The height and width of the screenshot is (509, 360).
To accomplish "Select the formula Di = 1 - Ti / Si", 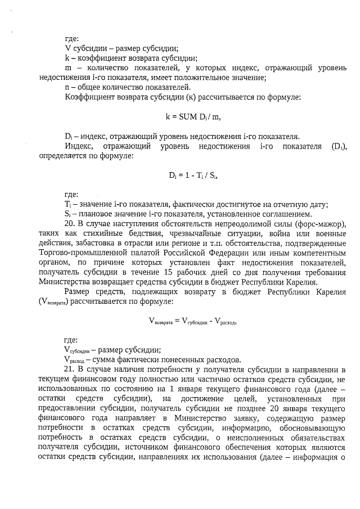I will tap(193, 175).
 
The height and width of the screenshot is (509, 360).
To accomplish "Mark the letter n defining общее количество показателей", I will tap(67, 87).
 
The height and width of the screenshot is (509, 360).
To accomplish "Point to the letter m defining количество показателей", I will tap(69, 68).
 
